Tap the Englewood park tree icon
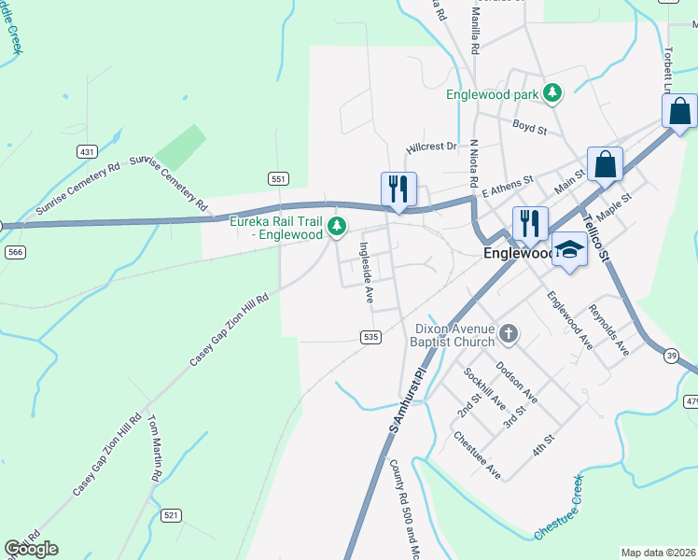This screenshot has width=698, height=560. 553,93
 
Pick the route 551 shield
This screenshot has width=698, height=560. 278,178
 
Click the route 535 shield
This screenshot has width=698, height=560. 370,337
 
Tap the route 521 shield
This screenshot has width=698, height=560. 171,515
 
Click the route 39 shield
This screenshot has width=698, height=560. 672,356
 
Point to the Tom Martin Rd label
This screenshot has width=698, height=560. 155,448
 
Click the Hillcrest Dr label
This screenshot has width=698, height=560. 431,147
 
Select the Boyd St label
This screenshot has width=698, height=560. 529,127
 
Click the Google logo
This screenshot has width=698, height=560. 31,549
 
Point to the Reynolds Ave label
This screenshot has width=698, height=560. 607,329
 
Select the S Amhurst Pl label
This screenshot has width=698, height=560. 407,399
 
